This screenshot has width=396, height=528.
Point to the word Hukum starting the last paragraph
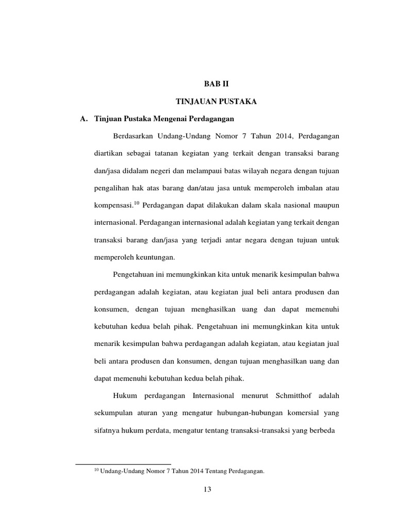(123, 396)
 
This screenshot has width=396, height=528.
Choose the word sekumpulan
(113, 414)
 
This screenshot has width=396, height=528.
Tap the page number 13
(207, 490)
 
